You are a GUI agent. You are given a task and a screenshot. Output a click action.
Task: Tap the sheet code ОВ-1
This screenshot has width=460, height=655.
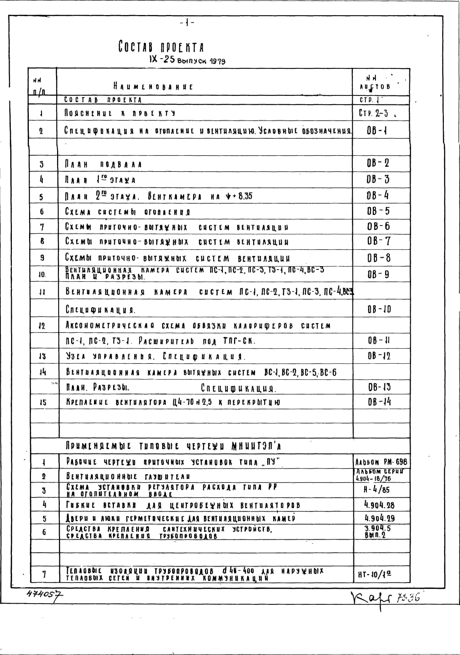377,131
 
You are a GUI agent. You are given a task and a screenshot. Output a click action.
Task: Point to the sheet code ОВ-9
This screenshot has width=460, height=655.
378,275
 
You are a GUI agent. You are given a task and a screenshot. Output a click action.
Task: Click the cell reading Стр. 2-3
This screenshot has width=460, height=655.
374,113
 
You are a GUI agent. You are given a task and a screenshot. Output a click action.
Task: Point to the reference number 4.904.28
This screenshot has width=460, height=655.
379,505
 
